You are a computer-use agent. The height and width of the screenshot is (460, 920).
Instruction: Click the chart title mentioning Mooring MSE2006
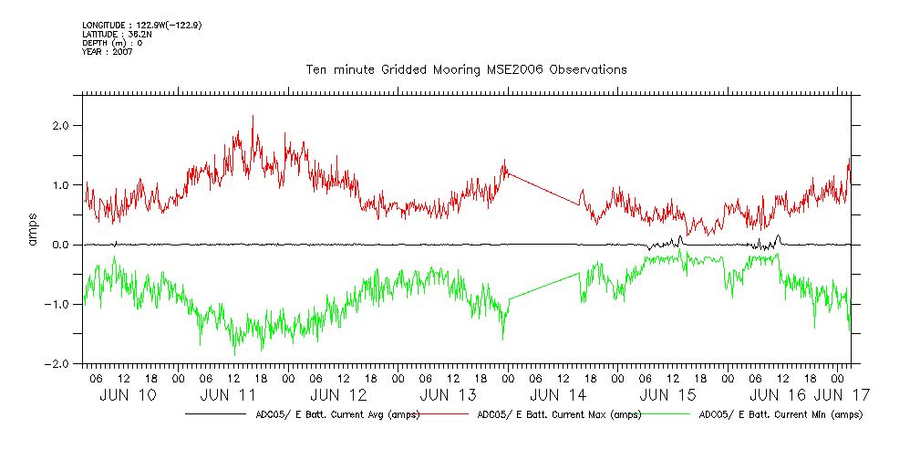[x=466, y=69]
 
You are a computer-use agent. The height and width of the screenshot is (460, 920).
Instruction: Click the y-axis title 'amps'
[x=36, y=245]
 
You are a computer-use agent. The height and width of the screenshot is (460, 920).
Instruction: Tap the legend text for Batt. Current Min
[x=780, y=414]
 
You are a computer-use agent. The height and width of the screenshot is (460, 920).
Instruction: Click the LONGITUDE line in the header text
[x=141, y=25]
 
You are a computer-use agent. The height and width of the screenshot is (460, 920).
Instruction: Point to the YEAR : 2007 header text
[x=108, y=51]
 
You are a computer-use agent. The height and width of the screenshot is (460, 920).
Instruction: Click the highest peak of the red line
[x=253, y=116]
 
